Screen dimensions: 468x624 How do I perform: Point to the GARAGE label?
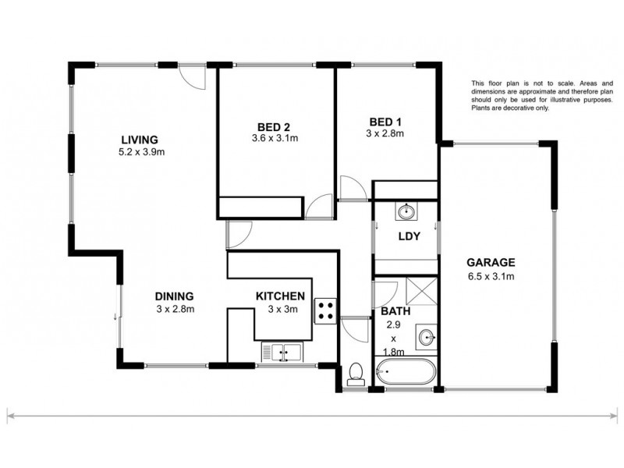[490, 262]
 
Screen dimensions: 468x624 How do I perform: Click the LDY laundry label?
[406, 237]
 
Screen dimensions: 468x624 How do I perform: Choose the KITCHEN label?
[280, 296]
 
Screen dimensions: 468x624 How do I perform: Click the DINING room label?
[174, 296]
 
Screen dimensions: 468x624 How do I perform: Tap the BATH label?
[393, 312]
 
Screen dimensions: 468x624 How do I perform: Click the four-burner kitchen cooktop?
[325, 311]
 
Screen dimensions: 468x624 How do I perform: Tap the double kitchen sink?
[282, 353]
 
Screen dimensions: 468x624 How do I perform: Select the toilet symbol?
[356, 374]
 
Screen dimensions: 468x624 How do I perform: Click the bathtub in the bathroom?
[406, 373]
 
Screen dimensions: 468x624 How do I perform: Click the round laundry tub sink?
[406, 212]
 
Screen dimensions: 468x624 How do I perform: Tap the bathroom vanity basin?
[425, 339]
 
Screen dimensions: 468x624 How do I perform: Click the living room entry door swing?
[190, 76]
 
